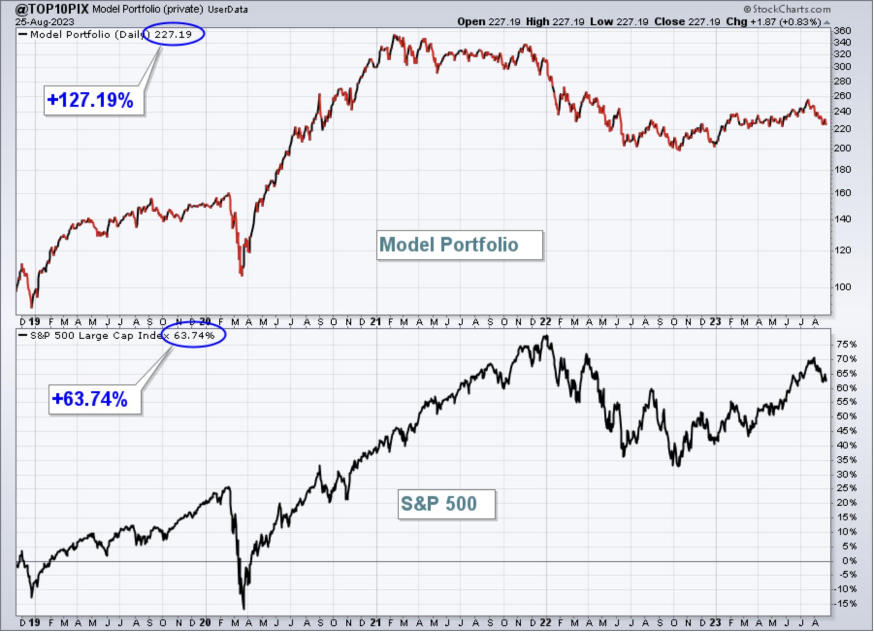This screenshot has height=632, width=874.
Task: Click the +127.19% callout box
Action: pos(94,100)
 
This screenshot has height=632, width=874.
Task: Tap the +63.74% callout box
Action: pos(95,399)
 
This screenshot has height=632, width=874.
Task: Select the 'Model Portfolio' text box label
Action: pos(459,245)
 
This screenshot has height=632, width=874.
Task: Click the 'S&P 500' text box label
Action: pos(446,504)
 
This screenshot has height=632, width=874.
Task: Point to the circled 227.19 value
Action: pos(173,34)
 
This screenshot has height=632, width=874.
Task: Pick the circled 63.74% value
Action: pos(194,335)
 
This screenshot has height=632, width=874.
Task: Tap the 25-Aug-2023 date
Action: pos(44,21)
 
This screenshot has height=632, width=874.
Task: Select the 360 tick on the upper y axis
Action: pos(842,31)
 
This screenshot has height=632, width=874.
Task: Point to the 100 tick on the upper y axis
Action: pos(842,287)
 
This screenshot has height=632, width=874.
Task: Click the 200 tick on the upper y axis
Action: pos(842,148)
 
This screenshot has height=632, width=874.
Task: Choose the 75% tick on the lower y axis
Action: pos(846,344)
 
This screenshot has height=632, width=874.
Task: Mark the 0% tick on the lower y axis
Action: pos(849,561)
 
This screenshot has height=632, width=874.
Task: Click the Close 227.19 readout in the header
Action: pos(687,21)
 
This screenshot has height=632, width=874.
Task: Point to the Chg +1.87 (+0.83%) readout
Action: pos(773,21)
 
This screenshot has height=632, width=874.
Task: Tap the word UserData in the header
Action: pos(227,9)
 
